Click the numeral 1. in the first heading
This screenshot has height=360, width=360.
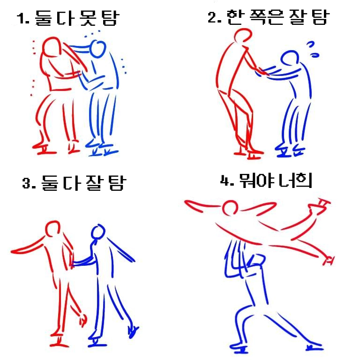(23, 18)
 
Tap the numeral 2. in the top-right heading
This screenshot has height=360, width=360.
(214, 17)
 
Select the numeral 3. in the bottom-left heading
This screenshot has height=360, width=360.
(29, 183)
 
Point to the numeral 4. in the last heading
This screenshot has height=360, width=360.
(227, 180)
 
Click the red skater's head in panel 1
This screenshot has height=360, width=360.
(52, 47)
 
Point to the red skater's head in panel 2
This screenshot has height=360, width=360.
(243, 35)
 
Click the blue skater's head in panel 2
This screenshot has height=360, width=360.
(290, 58)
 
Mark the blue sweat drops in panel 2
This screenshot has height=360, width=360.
(313, 49)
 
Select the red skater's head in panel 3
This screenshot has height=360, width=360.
(53, 229)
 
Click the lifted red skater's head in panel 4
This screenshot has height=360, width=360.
(230, 208)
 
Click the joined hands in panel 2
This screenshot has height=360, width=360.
(261, 71)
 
